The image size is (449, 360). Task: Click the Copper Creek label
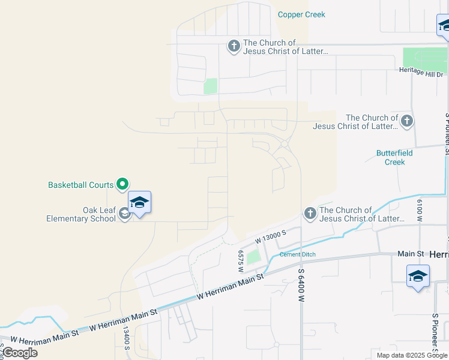pyautogui.click(x=301, y=14)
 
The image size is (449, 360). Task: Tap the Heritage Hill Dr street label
pyautogui.click(x=424, y=70)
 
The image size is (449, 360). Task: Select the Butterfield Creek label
pyautogui.click(x=394, y=157)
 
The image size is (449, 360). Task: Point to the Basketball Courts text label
pyautogui.click(x=81, y=185)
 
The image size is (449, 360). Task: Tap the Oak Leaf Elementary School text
pyautogui.click(x=81, y=214)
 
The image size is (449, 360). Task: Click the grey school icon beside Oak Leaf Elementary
pyautogui.click(x=124, y=214)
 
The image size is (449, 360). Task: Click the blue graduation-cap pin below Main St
pyautogui.click(x=418, y=277)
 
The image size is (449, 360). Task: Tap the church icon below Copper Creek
pyautogui.click(x=234, y=46)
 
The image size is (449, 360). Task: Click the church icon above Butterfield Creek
pyautogui.click(x=406, y=121)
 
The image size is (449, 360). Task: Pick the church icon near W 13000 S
pyautogui.click(x=310, y=213)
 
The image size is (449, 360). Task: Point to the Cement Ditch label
pyautogui.click(x=297, y=254)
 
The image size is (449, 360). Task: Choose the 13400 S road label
pyautogui.click(x=127, y=337)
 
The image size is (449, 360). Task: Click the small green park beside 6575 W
pyautogui.click(x=253, y=257)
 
